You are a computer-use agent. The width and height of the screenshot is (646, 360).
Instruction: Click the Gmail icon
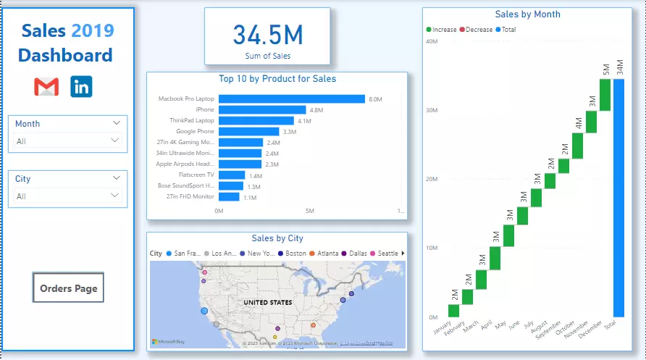click(x=46, y=87)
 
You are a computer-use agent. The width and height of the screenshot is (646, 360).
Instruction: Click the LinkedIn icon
click(x=81, y=87)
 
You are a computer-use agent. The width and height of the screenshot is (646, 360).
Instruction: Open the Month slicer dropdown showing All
click(x=69, y=141)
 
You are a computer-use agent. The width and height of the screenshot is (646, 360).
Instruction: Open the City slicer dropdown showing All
click(x=69, y=196)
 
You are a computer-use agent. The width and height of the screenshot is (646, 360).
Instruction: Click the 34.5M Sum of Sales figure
click(x=267, y=35)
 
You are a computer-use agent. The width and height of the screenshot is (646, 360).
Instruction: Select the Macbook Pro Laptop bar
click(x=291, y=99)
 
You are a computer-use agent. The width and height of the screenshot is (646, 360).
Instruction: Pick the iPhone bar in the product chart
click(x=262, y=110)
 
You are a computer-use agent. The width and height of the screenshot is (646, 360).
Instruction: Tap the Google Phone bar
click(x=248, y=132)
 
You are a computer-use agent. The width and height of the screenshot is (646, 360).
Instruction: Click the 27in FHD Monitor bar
click(x=229, y=197)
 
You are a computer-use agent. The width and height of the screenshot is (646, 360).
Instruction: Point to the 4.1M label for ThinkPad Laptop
click(x=304, y=121)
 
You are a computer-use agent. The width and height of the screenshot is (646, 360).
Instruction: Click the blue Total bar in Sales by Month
click(x=618, y=198)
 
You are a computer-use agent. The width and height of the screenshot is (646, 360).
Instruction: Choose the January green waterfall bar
click(x=453, y=310)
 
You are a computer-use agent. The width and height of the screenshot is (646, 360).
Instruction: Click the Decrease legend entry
click(x=474, y=30)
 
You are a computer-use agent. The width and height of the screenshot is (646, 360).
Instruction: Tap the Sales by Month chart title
click(x=527, y=14)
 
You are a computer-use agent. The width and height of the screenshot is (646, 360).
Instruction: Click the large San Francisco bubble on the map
click(x=204, y=311)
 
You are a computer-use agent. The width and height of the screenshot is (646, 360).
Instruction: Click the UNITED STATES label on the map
click(x=267, y=302)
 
